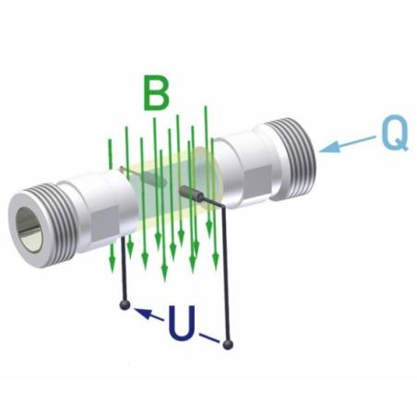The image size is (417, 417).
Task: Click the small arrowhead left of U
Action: [142, 314]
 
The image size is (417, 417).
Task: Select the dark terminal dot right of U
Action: [229, 344]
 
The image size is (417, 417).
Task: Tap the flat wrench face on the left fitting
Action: [103, 220]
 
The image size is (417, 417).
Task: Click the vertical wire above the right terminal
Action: [228, 277]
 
